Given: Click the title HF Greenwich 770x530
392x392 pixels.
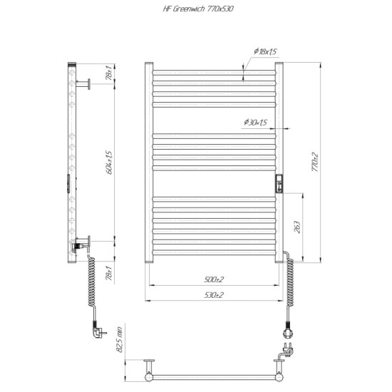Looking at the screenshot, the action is (x=198, y=9).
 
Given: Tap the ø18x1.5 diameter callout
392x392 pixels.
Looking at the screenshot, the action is (x=265, y=51).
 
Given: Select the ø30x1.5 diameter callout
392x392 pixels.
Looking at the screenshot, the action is (x=255, y=123).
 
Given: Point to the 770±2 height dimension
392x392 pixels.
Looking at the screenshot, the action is (x=315, y=162).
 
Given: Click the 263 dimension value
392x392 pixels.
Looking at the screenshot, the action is (x=297, y=227).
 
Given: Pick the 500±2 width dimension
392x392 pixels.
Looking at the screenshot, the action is (x=214, y=279).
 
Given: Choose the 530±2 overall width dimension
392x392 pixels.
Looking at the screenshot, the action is (x=214, y=295).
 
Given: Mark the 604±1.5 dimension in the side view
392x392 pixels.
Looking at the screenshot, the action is (x=109, y=163).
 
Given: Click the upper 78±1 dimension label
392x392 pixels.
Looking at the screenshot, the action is (x=109, y=73).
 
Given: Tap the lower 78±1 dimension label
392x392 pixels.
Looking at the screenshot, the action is (x=109, y=273).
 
